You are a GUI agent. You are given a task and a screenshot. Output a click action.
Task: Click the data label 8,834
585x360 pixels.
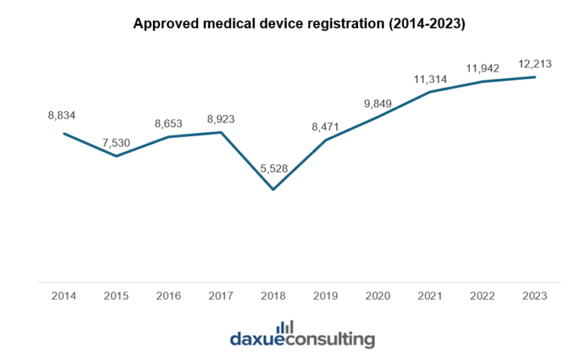pyautogui.click(x=62, y=115)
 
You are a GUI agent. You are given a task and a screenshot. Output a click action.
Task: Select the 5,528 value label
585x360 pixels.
pyautogui.click(x=272, y=168)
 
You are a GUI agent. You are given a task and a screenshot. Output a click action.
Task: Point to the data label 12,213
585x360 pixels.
pyautogui.click(x=535, y=65)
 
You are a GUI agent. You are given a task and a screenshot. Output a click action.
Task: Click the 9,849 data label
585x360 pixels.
pyautogui.click(x=377, y=104)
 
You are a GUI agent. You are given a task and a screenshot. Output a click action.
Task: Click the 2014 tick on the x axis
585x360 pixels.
pyautogui.click(x=64, y=295)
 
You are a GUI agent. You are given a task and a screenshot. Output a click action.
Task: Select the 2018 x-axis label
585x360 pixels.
pyautogui.click(x=273, y=295)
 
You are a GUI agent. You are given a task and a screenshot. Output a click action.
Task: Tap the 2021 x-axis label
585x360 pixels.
pyautogui.click(x=430, y=295)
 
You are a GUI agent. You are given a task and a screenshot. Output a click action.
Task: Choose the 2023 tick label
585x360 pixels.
pyautogui.click(x=535, y=295)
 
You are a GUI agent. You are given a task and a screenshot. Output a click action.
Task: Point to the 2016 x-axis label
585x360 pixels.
pyautogui.click(x=168, y=295)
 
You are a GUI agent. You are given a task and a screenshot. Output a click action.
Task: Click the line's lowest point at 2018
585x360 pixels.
pyautogui.click(x=273, y=189)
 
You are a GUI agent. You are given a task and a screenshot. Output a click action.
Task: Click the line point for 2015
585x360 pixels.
pyautogui.click(x=116, y=156)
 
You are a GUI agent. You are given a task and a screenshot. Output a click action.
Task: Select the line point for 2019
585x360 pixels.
pyautogui.click(x=325, y=140)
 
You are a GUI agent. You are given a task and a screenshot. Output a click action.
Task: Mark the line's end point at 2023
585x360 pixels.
pyautogui.click(x=535, y=77)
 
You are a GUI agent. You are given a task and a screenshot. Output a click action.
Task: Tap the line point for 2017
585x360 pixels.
pyautogui.click(x=221, y=132)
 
